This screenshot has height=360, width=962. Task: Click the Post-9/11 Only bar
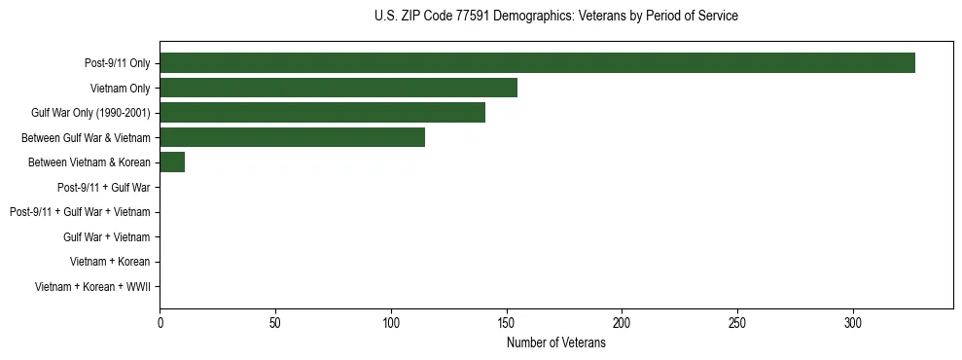[x=537, y=63]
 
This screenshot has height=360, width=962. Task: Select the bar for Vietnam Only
[x=338, y=88]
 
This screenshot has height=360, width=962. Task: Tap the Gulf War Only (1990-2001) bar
[x=322, y=113]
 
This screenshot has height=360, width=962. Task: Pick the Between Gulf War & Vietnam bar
[x=292, y=137]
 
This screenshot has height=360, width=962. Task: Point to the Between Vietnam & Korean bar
[x=172, y=162]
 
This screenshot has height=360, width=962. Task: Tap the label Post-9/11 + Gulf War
[x=103, y=187]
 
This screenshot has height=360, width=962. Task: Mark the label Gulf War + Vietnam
[x=106, y=236]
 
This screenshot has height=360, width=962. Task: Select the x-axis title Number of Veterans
[x=555, y=342]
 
